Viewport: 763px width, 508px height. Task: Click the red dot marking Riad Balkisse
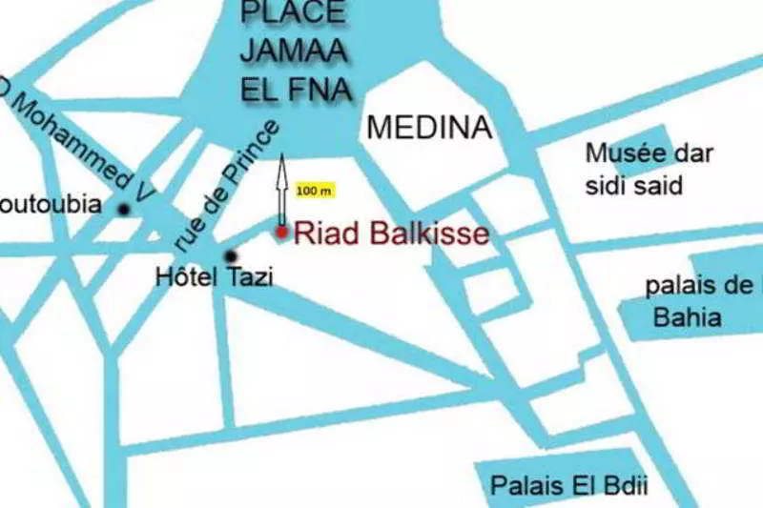point(281,232)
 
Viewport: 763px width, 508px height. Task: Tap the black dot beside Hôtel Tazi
point(230,255)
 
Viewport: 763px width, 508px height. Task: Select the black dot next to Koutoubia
point(123,209)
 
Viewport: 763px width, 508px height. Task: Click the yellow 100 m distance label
point(314,191)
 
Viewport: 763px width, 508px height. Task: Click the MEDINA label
point(429,127)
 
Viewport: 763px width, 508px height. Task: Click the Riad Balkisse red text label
point(391,234)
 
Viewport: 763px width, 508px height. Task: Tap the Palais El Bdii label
point(568,485)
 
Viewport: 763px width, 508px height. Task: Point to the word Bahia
point(687,317)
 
